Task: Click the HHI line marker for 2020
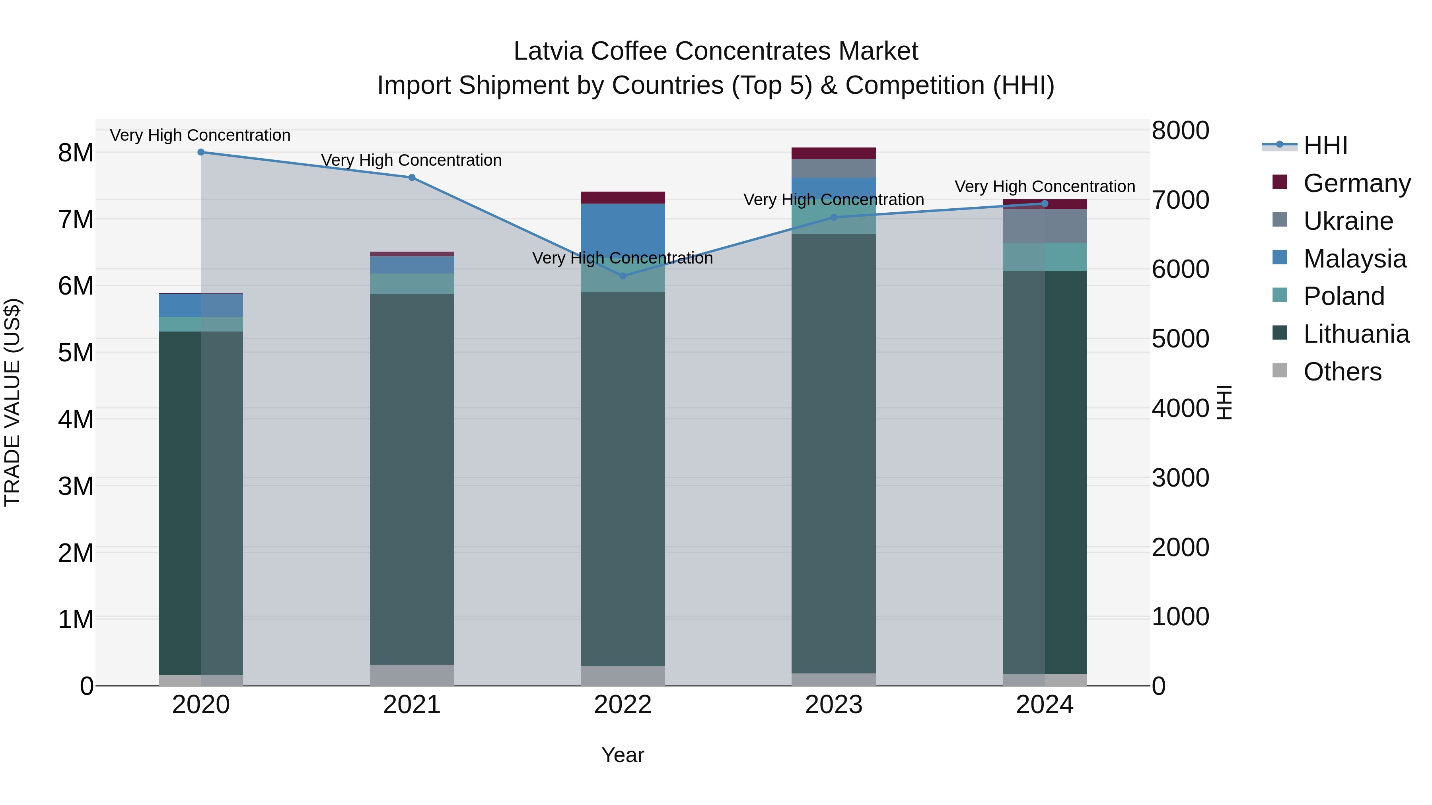(x=201, y=152)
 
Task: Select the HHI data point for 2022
(x=623, y=276)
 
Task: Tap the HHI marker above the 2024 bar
(x=1045, y=204)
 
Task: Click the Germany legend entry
(x=1356, y=183)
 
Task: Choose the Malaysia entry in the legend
(x=1354, y=259)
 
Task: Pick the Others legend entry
(x=1342, y=372)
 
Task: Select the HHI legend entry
(x=1325, y=145)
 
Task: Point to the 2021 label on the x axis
(x=412, y=705)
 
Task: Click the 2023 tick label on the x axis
(x=833, y=705)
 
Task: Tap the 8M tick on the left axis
(x=76, y=153)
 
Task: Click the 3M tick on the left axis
(x=76, y=486)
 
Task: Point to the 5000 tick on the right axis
(x=1180, y=339)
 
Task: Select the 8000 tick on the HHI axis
(x=1180, y=131)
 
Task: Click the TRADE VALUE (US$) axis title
(x=13, y=402)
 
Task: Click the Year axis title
(x=623, y=755)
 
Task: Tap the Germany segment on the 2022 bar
(x=623, y=198)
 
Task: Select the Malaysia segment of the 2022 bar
(x=623, y=228)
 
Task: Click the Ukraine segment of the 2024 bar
(x=1045, y=226)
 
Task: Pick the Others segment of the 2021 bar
(x=412, y=675)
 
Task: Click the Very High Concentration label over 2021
(x=411, y=161)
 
